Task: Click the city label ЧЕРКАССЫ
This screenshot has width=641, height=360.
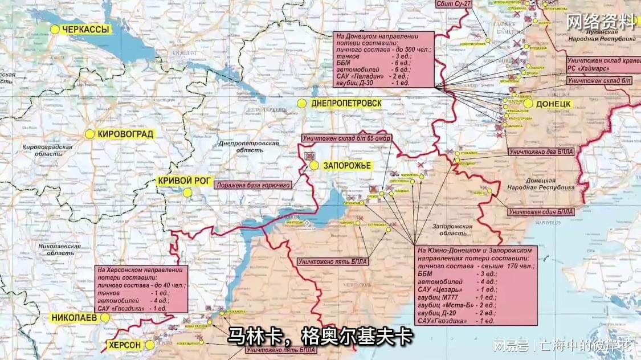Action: click(x=85, y=30)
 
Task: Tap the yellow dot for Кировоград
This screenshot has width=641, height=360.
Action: click(x=89, y=134)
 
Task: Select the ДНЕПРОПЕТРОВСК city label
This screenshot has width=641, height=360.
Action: click(x=346, y=104)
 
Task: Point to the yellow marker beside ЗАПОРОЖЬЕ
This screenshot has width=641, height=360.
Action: click(x=314, y=166)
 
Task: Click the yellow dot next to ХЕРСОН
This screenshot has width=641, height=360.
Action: click(x=149, y=345)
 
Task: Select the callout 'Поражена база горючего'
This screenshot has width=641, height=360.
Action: click(x=253, y=185)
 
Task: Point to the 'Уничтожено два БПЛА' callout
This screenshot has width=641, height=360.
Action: click(x=542, y=152)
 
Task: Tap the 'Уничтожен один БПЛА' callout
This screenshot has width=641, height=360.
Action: click(x=541, y=212)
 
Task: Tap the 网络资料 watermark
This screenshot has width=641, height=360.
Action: click(x=601, y=22)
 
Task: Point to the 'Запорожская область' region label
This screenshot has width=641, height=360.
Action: click(x=452, y=230)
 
